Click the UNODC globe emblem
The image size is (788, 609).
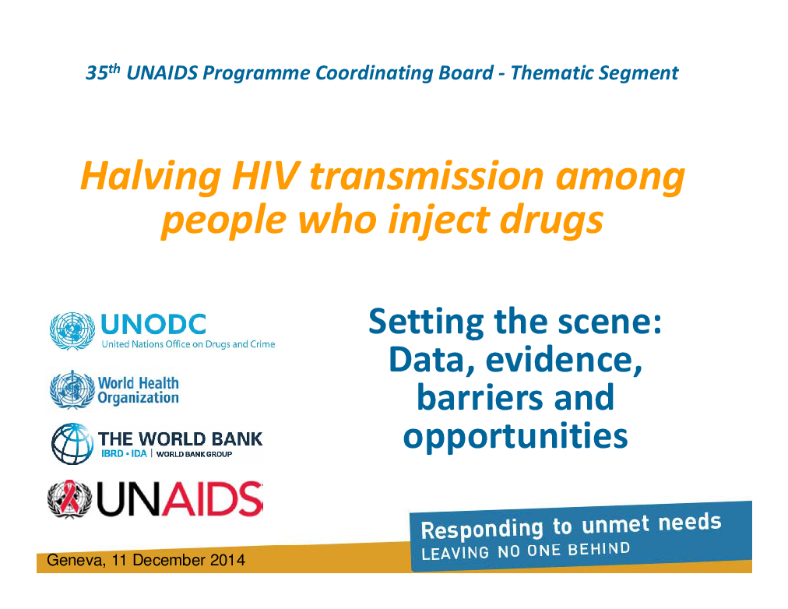pyautogui.click(x=72, y=331)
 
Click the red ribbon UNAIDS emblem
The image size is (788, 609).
pyautogui.click(x=70, y=499)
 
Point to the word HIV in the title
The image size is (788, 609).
pyautogui.click(x=266, y=176)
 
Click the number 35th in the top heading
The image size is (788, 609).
pyautogui.click(x=103, y=72)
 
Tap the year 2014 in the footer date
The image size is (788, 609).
pyautogui.click(x=227, y=560)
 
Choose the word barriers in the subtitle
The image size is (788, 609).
pyautogui.click(x=480, y=397)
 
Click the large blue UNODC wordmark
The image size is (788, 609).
pyautogui.click(x=153, y=324)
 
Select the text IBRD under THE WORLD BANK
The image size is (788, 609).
pyautogui.click(x=112, y=454)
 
